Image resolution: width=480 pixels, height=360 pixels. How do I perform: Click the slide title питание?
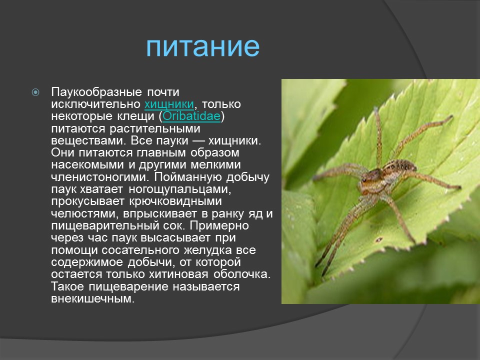[x=203, y=46]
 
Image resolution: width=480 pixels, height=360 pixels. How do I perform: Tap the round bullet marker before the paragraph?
[x=35, y=92]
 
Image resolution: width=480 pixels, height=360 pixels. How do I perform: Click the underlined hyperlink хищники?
[x=169, y=104]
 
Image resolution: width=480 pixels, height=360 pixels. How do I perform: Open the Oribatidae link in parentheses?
[x=191, y=116]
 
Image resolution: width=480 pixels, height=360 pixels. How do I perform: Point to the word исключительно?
[x=96, y=104]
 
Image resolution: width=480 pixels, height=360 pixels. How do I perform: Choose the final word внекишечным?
[x=92, y=298]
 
